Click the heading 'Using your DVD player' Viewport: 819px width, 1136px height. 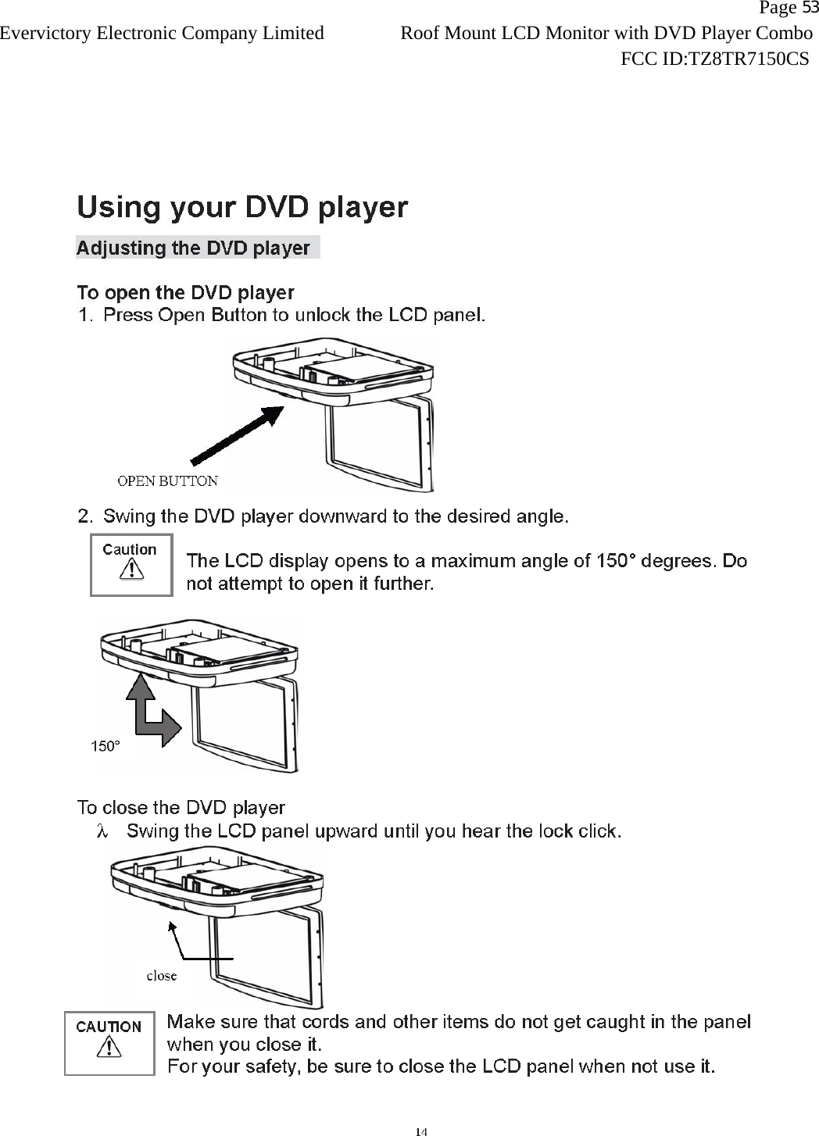(x=242, y=207)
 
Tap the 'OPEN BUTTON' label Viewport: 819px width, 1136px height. (x=167, y=480)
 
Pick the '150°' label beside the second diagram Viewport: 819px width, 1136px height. (x=106, y=746)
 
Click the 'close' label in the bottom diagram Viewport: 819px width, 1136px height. (x=162, y=975)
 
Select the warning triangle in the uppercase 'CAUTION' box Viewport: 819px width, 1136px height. (x=109, y=1048)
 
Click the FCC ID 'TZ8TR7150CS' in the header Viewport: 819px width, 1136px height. (x=747, y=59)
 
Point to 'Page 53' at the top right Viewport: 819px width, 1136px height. (x=788, y=9)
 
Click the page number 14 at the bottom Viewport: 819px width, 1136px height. (x=421, y=1131)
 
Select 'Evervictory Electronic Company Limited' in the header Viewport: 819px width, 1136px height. (x=162, y=33)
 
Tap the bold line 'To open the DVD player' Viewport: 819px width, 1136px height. (x=185, y=293)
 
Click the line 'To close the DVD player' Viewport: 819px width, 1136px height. (x=181, y=807)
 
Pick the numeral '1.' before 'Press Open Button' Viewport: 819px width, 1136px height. (x=85, y=316)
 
